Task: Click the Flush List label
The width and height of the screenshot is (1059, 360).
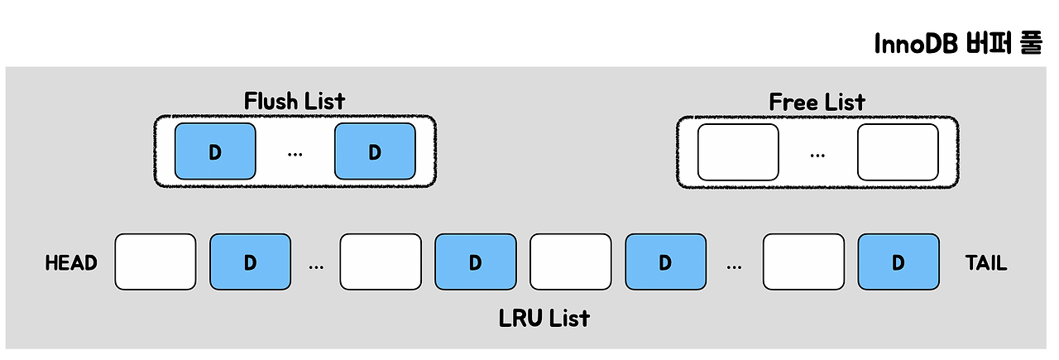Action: [x=294, y=101]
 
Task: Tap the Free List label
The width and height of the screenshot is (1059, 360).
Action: [x=817, y=102]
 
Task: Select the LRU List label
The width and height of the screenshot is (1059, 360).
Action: [x=544, y=318]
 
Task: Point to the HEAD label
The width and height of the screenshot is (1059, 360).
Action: [x=71, y=263]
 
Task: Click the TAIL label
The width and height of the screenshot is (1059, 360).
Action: [x=986, y=263]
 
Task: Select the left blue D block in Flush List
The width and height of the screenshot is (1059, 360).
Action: [x=215, y=151]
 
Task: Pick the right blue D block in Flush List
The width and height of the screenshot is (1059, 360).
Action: [x=375, y=151]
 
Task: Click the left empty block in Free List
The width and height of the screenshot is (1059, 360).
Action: [x=738, y=152]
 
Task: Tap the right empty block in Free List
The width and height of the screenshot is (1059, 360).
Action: [x=898, y=152]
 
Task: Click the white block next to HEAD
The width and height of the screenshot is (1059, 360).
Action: [x=156, y=262]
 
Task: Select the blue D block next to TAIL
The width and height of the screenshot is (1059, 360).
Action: [x=898, y=262]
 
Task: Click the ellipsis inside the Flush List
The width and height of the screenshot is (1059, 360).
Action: [x=295, y=155]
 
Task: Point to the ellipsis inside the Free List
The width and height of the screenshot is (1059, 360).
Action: [x=817, y=156]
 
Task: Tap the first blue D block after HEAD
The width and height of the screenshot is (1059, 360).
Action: [x=251, y=262]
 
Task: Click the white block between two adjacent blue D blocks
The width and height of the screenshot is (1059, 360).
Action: [x=571, y=262]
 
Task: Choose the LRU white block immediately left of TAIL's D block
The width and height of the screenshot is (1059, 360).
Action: [x=803, y=262]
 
